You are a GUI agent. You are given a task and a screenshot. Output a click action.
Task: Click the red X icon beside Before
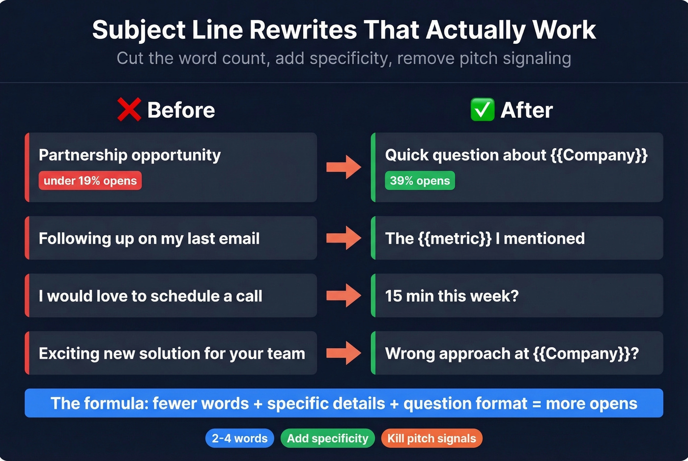tap(129, 109)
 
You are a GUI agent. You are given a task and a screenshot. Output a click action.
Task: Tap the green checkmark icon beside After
tap(482, 109)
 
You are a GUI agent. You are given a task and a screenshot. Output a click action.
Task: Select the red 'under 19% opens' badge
tap(90, 181)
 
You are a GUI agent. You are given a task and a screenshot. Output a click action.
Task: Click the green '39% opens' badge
tap(420, 181)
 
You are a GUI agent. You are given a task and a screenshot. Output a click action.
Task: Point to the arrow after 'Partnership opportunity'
tap(344, 167)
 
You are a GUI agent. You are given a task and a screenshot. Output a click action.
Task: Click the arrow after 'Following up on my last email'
tap(344, 238)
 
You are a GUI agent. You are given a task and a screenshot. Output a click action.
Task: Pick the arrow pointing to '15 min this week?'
tap(344, 296)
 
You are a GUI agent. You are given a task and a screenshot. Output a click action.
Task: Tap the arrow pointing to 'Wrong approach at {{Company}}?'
tap(344, 353)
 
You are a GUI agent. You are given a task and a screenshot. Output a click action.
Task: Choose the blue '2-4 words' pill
tap(239, 438)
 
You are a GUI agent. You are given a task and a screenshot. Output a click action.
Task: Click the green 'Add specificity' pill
tap(327, 438)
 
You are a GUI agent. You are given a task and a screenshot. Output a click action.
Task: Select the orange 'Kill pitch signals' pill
tap(431, 438)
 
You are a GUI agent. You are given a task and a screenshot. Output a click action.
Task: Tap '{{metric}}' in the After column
tap(455, 239)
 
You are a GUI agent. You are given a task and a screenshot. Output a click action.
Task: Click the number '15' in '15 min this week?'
tap(394, 296)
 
